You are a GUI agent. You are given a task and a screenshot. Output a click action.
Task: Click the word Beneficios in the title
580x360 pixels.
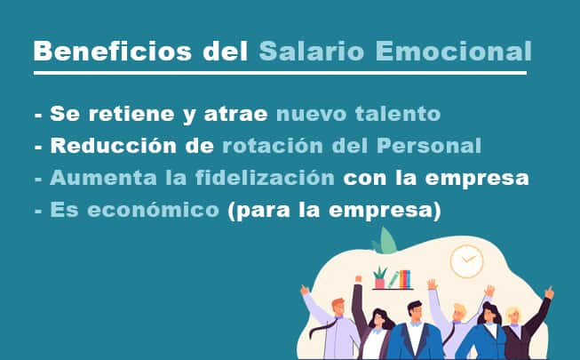coord(113,51)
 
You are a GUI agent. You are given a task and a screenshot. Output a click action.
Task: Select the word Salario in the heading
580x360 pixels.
coord(312,51)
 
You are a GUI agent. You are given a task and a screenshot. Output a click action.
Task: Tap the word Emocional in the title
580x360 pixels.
coord(454,51)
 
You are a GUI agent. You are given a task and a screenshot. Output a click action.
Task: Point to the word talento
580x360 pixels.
coord(398,114)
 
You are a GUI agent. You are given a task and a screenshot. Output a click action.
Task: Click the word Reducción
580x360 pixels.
coord(113,145)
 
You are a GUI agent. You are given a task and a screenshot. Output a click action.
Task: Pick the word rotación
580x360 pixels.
coord(273,145)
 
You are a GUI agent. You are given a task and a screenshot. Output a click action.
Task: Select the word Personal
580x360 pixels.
coord(429,145)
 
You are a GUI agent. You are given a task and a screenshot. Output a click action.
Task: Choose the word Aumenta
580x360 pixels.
coord(103,178)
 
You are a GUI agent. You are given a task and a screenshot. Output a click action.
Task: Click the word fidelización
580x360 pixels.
coord(265,178)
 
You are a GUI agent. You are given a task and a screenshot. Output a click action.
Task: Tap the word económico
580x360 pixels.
coord(153,209)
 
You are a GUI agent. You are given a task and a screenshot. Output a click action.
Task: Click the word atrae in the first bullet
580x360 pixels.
coord(235,114)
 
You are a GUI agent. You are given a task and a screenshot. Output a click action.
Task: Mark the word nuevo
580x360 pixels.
coord(311,114)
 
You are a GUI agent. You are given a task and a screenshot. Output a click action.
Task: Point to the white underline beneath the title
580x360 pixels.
coord(280,73)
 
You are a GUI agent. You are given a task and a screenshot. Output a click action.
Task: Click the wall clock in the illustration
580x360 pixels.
coord(467,261)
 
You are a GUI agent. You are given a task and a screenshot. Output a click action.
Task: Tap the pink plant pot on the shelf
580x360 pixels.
coord(380,284)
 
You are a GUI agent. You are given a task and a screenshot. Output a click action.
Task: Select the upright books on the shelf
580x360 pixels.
coord(405,279)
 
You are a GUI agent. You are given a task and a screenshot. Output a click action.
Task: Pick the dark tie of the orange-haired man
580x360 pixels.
coord(322,329)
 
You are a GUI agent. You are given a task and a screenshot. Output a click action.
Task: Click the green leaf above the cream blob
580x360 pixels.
coord(386,241)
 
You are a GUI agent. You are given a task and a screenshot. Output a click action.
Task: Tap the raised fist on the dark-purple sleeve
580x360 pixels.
coord(358,279)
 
